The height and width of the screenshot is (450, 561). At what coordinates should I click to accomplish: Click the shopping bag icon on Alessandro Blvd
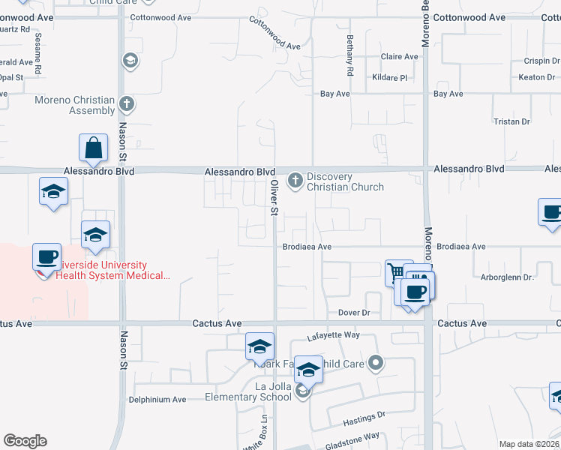click(94, 148)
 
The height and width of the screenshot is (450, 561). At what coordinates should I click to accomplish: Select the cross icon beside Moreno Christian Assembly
click(127, 103)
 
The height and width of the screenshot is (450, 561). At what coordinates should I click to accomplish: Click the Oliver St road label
click(274, 197)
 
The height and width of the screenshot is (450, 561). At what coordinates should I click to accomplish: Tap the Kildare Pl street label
click(388, 77)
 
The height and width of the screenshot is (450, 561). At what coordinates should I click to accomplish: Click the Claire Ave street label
click(399, 56)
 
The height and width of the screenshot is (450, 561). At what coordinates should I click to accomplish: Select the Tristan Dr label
click(511, 121)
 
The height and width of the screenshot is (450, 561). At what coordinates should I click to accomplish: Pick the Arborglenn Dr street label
click(506, 277)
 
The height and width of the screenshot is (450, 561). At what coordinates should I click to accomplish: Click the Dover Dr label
click(355, 312)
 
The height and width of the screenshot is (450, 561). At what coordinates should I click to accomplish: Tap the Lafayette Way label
click(334, 337)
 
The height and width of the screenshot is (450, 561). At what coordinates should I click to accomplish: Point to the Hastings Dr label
click(364, 413)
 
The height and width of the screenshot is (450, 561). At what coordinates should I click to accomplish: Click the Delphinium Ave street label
click(157, 400)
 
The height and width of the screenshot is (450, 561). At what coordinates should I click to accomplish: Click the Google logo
click(25, 441)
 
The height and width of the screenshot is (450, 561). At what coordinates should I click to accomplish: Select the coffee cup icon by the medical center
click(46, 257)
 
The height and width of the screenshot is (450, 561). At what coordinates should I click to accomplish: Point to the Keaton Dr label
click(536, 77)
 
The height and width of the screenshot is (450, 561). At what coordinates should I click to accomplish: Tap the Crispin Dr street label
click(539, 61)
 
